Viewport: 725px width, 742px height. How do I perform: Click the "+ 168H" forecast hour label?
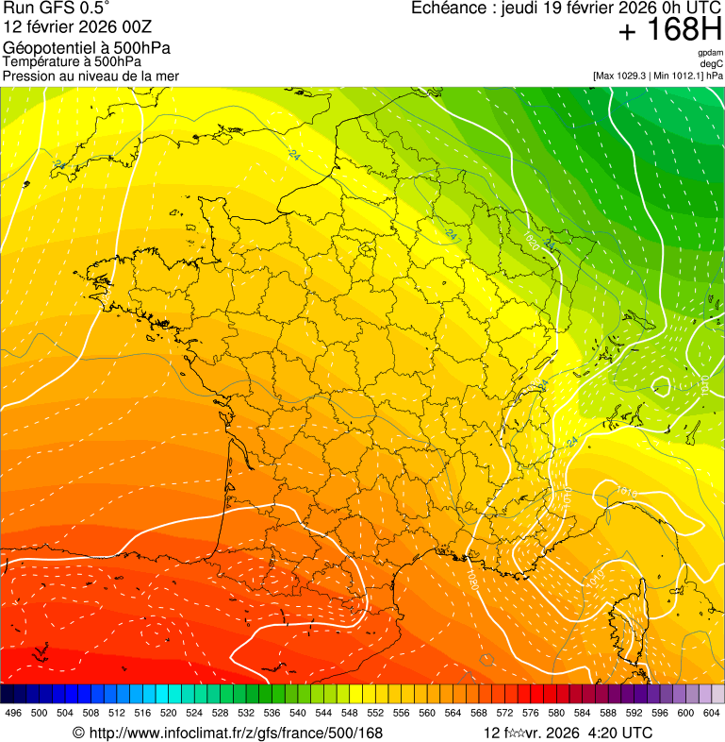tap(670, 30)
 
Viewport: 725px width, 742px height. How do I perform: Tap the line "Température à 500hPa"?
tap(72, 61)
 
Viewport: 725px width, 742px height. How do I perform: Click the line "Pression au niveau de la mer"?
tap(91, 76)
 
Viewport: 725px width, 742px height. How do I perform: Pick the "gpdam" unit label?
tap(710, 53)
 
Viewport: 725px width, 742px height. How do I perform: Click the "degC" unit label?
tap(713, 63)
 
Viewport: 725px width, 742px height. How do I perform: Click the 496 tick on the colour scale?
tap(13, 713)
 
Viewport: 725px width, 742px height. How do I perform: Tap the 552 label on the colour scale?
tap(374, 713)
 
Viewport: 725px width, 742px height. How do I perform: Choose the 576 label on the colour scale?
tap(530, 713)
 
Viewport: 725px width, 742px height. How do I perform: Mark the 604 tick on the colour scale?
tap(711, 713)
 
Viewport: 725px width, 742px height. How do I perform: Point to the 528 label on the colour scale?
tap(220, 713)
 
